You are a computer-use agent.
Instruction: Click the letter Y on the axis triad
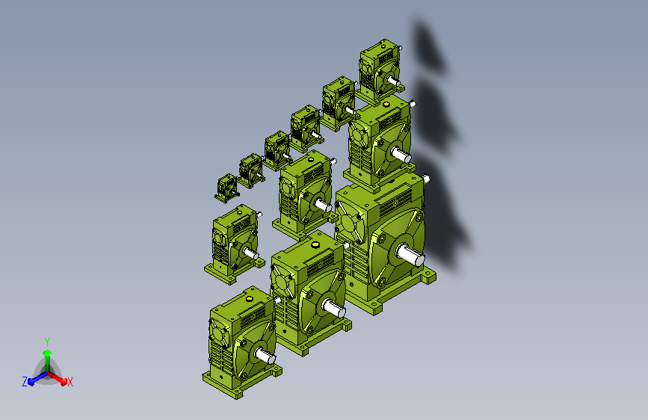(x=47, y=342)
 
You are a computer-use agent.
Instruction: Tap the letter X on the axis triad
(x=70, y=382)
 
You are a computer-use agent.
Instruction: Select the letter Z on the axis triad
(x=25, y=382)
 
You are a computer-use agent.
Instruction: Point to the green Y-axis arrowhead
(x=48, y=353)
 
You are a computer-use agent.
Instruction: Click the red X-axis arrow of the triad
(x=57, y=377)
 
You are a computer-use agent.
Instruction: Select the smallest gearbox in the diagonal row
(x=226, y=188)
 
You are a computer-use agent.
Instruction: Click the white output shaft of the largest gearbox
(x=410, y=253)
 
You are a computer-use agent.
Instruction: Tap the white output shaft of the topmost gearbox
(x=393, y=80)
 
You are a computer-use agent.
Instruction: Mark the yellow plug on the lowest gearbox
(x=249, y=299)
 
